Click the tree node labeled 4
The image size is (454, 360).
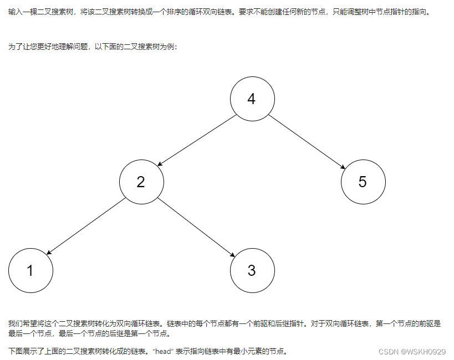[x=252, y=99]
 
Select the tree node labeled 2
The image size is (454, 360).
[x=141, y=182]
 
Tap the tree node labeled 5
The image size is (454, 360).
[x=363, y=182]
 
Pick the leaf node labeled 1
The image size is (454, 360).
[x=30, y=270]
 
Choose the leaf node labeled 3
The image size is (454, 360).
[x=252, y=270]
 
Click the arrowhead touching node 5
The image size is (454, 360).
[x=344, y=167]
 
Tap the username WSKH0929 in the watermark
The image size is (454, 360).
[x=426, y=352]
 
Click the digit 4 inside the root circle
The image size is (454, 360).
[x=252, y=99]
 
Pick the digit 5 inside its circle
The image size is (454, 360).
[x=363, y=182]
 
